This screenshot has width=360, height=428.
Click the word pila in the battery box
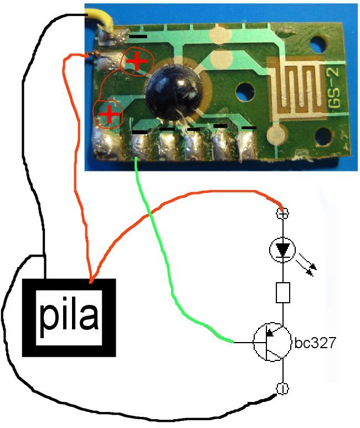[x=69, y=316]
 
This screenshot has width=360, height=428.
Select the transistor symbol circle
[x=271, y=343]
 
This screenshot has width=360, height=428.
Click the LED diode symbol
[x=283, y=250]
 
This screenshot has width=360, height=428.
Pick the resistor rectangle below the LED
[x=283, y=293]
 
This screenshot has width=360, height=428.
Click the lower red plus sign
[x=109, y=114]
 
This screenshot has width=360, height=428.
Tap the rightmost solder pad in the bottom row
[x=246, y=145]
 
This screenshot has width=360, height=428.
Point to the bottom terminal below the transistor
[x=282, y=389]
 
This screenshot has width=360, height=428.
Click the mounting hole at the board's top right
[x=318, y=43]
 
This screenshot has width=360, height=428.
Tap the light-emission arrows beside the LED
[x=307, y=265]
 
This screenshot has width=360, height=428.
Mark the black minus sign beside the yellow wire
[x=138, y=37]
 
